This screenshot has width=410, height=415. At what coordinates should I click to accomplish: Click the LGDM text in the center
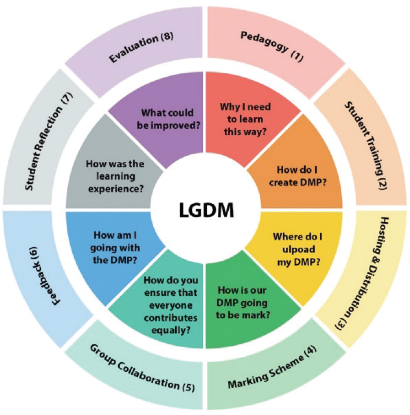click(x=206, y=210)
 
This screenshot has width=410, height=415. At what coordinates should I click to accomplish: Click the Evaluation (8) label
click(x=141, y=48)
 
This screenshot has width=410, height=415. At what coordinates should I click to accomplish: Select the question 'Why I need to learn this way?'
click(x=245, y=119)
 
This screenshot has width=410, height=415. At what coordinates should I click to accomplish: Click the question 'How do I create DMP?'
click(x=298, y=176)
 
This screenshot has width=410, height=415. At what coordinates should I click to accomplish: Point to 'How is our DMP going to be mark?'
click(x=242, y=302)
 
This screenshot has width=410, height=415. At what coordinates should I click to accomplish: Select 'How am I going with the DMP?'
click(x=115, y=247)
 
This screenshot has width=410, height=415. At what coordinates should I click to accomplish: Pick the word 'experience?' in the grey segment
click(x=116, y=189)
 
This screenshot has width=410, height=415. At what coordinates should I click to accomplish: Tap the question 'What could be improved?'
click(x=168, y=119)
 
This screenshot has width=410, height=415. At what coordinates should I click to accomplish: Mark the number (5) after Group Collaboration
click(x=188, y=387)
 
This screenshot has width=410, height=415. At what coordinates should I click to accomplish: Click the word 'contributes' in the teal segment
click(x=171, y=318)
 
